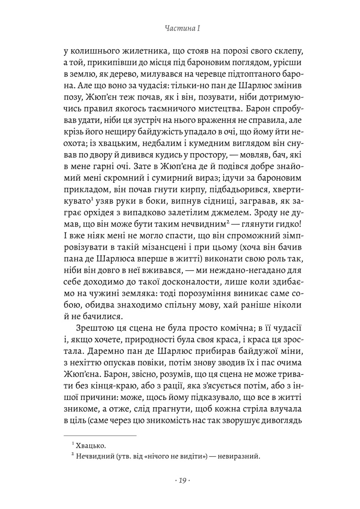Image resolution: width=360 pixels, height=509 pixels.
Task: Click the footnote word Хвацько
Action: (90, 446)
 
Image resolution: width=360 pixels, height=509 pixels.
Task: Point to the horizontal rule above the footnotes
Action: (100, 436)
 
